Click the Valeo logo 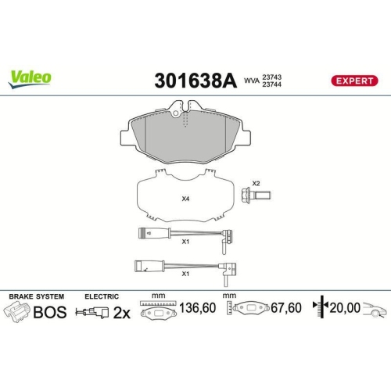(30, 77)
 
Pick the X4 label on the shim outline (185, 199)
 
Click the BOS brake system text (49, 311)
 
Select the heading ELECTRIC (101, 296)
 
